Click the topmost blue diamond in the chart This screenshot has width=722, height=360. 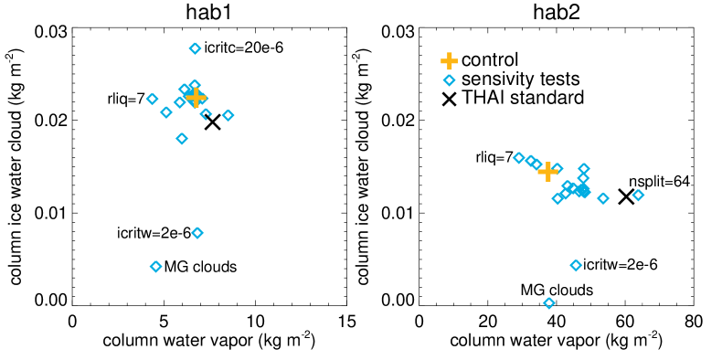195,48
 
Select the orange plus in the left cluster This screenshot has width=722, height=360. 196,97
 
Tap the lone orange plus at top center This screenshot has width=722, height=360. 449,61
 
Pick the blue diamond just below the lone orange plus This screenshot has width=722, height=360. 449,80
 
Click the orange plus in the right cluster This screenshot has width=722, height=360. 547,172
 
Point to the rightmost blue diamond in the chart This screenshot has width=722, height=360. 638,196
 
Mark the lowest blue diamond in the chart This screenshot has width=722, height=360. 549,303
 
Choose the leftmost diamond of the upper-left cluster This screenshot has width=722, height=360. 152,99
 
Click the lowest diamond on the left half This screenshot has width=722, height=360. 155,267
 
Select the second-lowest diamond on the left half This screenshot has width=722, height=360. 197,233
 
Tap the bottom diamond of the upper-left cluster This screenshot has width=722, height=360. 182,139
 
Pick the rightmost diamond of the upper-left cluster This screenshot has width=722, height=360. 228,115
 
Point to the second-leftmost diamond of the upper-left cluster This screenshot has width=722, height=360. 166,112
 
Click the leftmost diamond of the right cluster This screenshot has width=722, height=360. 519,158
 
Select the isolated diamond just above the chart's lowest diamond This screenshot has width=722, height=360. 576,266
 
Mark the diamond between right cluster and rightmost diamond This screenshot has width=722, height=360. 603,198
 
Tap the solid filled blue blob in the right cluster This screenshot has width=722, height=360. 581,191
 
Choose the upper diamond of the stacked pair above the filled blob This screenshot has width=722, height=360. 584,169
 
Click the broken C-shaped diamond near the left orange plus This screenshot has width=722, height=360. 206,114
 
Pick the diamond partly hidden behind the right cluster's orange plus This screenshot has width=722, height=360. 557,169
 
